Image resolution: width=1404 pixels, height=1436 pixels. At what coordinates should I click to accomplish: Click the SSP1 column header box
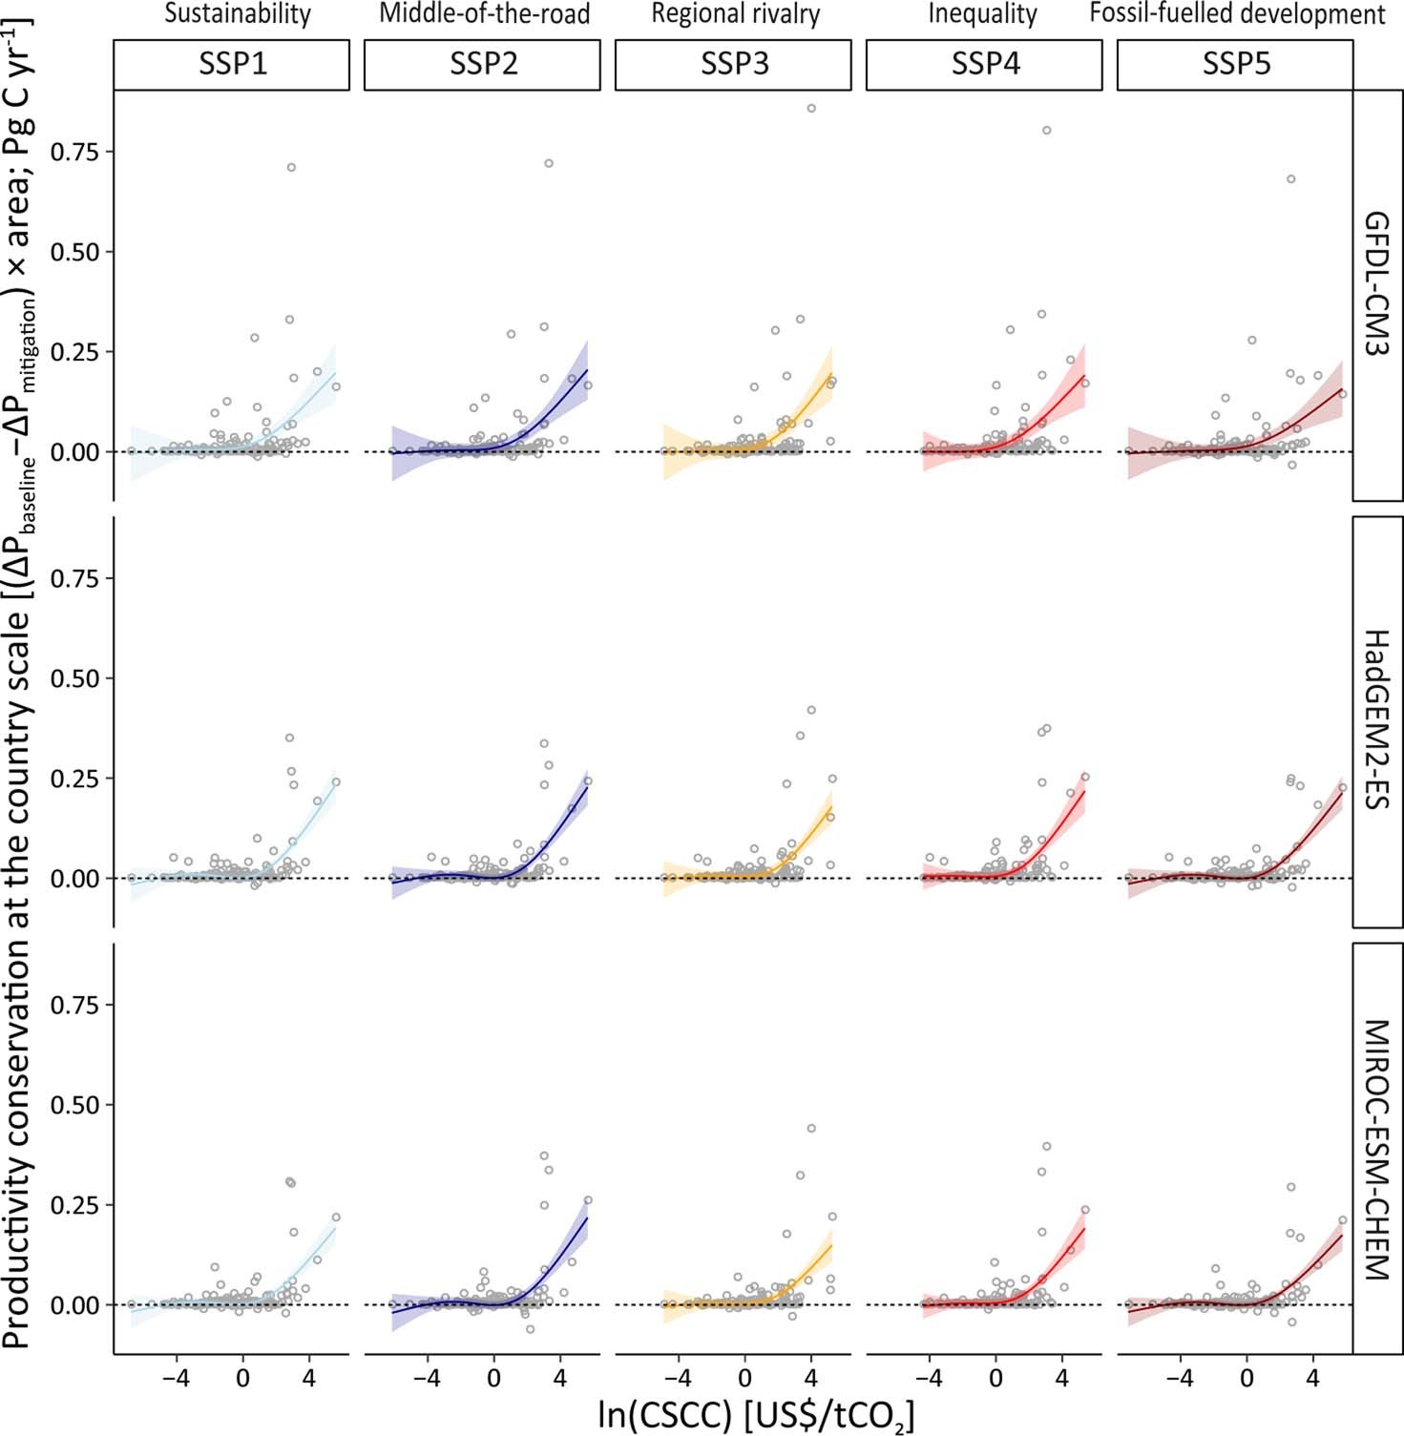click(232, 65)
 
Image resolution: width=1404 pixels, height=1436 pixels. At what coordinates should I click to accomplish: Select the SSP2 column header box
click(483, 65)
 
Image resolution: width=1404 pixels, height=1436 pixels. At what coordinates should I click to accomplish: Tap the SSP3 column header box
click(734, 65)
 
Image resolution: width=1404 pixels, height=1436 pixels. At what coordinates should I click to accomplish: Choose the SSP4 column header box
click(985, 65)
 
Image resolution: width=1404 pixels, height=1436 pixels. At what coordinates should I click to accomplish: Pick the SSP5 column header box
click(1235, 65)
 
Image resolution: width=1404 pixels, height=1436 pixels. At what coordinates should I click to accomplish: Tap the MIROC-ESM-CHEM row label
click(1377, 1149)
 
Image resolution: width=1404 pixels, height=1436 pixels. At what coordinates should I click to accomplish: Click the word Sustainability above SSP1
click(237, 14)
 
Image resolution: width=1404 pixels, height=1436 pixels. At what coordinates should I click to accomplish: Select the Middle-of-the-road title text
click(485, 14)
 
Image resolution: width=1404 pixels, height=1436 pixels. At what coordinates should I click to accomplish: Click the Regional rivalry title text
click(735, 14)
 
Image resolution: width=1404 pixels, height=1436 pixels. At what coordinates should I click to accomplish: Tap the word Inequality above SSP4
click(982, 14)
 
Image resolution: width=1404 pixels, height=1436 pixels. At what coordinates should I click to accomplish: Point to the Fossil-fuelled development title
click(1237, 14)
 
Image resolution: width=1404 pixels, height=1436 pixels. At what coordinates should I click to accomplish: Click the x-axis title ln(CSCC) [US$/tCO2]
click(756, 1415)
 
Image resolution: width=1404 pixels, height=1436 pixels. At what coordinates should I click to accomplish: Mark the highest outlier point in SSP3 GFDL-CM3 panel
click(811, 109)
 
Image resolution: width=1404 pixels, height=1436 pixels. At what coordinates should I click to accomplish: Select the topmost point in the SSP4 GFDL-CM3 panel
click(1046, 131)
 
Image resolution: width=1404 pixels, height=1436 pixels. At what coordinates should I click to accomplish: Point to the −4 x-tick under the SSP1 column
click(175, 1379)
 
